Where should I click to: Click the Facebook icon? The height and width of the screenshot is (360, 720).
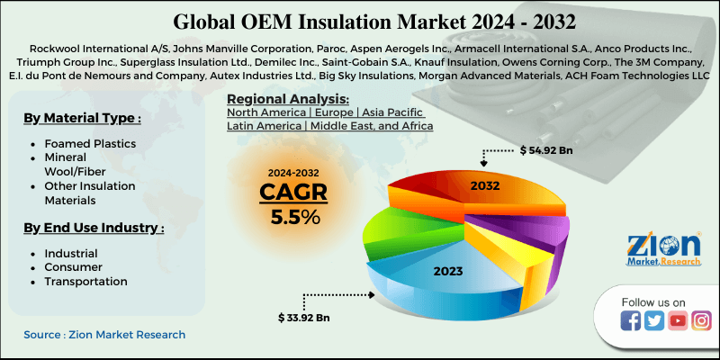pos(631,320)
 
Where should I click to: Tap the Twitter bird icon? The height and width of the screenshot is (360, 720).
pos(654,320)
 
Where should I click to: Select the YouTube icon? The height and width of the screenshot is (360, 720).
pos(678,320)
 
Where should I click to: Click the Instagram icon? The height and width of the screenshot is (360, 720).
pos(701,320)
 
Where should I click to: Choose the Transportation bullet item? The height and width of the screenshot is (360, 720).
pos(85,282)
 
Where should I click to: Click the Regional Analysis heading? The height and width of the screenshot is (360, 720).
pos(288,98)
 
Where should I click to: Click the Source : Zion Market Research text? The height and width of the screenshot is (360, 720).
pos(104,335)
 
